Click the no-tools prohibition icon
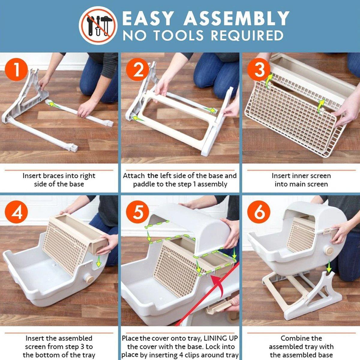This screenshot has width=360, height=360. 98,25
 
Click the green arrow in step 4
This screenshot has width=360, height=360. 98,261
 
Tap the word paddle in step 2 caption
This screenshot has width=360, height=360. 144,184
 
